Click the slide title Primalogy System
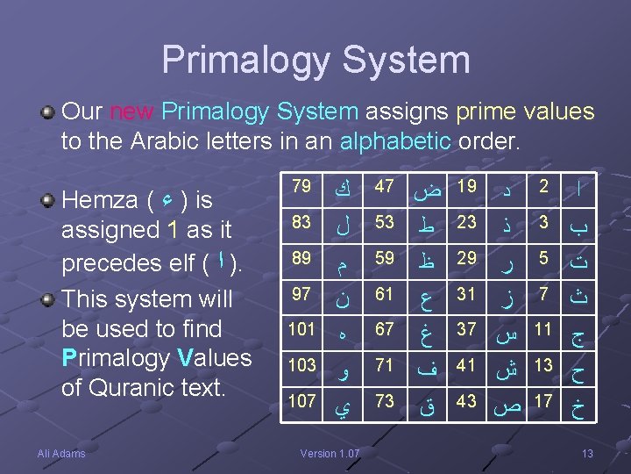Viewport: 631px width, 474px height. click(315, 60)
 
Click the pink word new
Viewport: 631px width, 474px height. click(131, 112)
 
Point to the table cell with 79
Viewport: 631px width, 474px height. click(301, 186)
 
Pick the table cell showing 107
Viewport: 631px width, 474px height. click(301, 400)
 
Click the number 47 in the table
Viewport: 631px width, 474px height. click(383, 186)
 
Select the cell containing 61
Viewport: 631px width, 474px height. click(383, 293)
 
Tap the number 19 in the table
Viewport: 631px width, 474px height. click(467, 186)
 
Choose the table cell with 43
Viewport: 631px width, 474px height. click(467, 400)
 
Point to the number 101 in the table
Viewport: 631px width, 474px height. click(301, 329)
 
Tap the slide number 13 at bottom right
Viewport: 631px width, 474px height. click(587, 453)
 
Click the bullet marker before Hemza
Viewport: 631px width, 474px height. click(51, 201)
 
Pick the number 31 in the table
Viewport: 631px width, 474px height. click(467, 293)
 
